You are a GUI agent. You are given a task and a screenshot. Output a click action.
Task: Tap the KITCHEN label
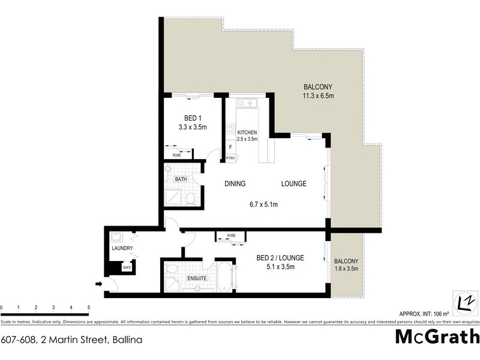(x=247, y=132)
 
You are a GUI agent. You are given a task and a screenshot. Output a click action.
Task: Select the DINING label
(x=235, y=184)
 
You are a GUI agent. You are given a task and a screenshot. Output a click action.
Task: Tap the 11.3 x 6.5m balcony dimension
(x=318, y=95)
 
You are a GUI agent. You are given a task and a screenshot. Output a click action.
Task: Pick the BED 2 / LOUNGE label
(x=280, y=258)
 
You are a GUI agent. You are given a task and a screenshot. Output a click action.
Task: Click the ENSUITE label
(x=197, y=279)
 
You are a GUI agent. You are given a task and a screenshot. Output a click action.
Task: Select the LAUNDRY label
(x=121, y=248)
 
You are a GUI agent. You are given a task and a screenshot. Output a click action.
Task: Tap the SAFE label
(x=126, y=268)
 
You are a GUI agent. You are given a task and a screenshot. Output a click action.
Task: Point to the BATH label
(x=180, y=179)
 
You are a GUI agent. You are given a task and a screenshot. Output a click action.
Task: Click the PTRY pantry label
(x=230, y=158)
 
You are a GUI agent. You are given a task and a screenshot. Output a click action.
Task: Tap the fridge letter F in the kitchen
(x=230, y=147)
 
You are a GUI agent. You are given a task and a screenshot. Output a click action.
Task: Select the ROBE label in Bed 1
(x=177, y=155)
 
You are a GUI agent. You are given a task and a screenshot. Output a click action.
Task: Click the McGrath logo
(x=437, y=337)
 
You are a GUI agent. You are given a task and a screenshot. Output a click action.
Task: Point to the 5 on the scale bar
(x=89, y=308)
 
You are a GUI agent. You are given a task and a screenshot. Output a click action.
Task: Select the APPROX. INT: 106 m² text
(x=423, y=314)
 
